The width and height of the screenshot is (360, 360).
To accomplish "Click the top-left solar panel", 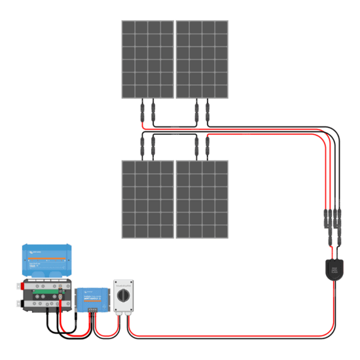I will pyautogui.click(x=147, y=59).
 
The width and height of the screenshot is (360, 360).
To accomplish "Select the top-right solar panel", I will pyautogui.click(x=202, y=59).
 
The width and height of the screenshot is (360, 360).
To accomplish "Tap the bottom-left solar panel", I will pyautogui.click(x=147, y=199).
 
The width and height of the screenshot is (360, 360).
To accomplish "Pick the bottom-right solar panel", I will pyautogui.click(x=202, y=199).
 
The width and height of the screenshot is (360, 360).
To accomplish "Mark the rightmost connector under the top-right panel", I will pyautogui.click(x=208, y=113).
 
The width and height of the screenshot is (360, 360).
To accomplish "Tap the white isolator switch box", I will pyautogui.click(x=124, y=299).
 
